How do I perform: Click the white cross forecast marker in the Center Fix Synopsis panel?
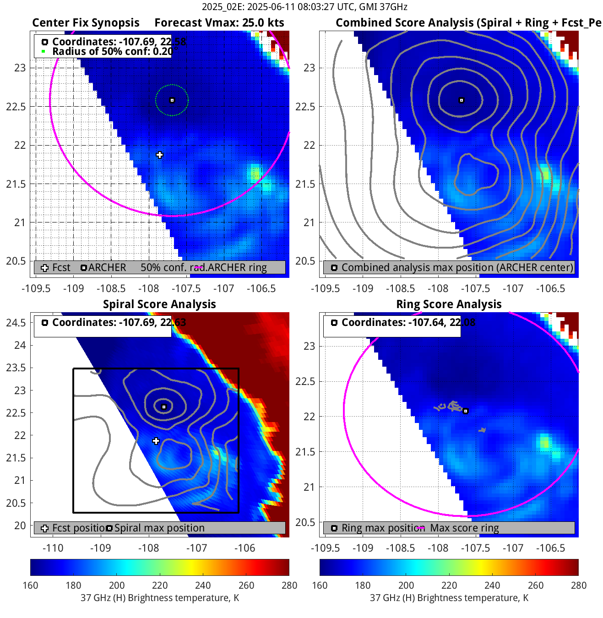pos(159,155)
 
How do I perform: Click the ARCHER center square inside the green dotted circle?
pos(172,100)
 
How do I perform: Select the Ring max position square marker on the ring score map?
pos(466,411)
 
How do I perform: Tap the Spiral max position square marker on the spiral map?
pos(164,407)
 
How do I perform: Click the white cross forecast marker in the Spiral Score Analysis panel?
pos(156,441)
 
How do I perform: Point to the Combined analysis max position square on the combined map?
pos(462,100)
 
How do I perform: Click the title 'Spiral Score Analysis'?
pos(159,304)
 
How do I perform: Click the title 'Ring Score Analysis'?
pos(449,304)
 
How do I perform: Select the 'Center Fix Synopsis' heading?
pos(86,23)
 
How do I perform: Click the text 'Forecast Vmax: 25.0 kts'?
pos(219,23)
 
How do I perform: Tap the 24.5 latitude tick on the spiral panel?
pos(16,323)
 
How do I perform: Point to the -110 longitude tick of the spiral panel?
pos(53,548)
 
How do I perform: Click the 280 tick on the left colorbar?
pos(289,585)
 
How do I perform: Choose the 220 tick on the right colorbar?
pos(449,585)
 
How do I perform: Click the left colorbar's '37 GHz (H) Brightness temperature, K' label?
pos(160,598)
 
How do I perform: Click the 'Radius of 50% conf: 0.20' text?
pos(112,51)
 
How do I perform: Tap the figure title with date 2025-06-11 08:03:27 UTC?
pos(304,7)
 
